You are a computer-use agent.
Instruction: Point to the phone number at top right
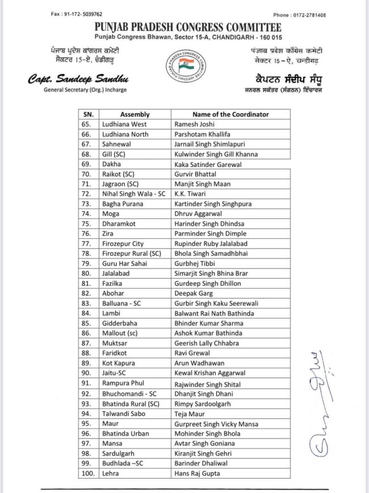click(x=299, y=15)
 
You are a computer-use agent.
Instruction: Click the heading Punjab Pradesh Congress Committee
click(x=184, y=27)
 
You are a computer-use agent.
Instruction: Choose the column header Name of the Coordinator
click(x=230, y=114)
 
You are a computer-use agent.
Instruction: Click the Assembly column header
click(x=135, y=114)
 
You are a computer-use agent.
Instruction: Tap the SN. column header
click(x=86, y=114)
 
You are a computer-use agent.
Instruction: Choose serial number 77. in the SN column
click(x=87, y=243)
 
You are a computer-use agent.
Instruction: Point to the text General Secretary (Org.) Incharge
click(x=85, y=90)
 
